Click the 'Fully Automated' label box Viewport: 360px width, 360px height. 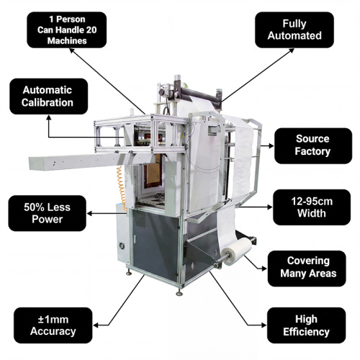pos(294,30)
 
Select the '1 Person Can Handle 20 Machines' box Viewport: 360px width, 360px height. pos(67,30)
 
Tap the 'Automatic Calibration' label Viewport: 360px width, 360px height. pos(49,96)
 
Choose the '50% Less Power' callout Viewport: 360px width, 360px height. pos(48,213)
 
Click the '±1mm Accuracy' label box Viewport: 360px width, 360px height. pos(53,325)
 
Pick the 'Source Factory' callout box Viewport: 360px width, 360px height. pos(313,145)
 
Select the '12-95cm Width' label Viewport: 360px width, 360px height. pos(312,207)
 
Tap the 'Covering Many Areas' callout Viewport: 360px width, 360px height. pos(307,269)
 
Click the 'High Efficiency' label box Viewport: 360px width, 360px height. pos(306,325)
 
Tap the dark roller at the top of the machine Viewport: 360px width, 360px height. pos(200,92)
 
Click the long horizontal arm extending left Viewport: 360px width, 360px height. pos(79,161)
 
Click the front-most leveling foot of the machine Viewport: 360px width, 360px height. pos(179,292)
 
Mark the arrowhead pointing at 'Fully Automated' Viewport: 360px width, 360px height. pos(292,50)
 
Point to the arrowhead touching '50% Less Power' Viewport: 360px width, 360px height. pos(89,213)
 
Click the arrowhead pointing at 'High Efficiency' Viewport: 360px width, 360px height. pos(264,325)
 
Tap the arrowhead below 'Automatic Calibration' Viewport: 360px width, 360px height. pos(49,117)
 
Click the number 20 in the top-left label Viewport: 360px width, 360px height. pos(91,30)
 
